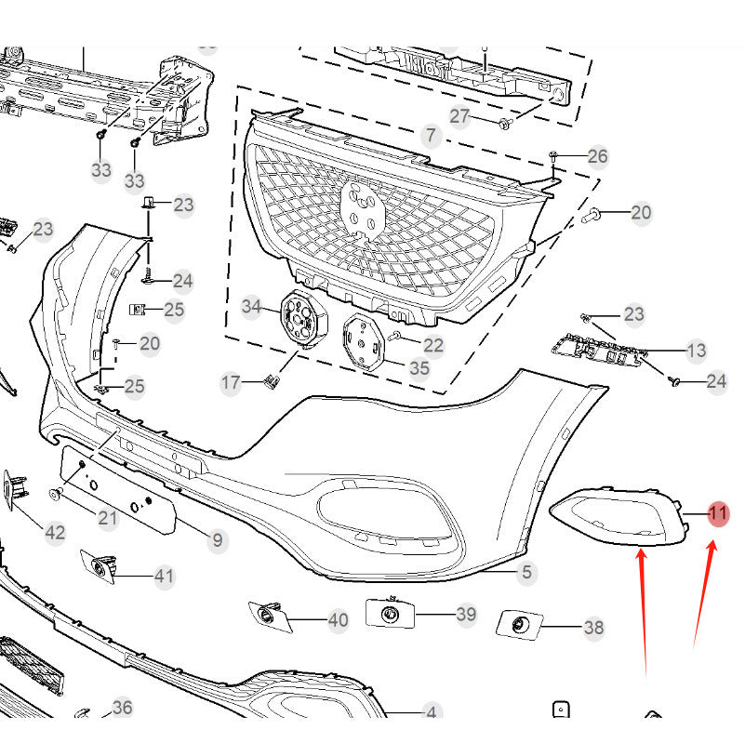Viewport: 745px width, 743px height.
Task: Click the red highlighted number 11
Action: click(718, 513)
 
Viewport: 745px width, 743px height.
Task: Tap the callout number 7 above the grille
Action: click(429, 136)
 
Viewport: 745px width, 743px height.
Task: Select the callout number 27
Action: click(461, 116)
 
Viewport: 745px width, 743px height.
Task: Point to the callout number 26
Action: click(597, 155)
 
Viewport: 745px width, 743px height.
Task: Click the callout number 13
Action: click(696, 351)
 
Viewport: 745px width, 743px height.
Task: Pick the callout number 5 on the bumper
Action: click(526, 573)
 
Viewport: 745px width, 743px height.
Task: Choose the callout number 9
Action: click(218, 539)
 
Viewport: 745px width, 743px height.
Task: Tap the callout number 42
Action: click(55, 532)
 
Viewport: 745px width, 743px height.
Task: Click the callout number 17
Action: click(231, 382)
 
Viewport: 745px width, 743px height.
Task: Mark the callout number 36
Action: click(122, 708)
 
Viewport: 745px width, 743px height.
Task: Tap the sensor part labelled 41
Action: click(101, 566)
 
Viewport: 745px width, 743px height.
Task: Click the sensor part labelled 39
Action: click(390, 613)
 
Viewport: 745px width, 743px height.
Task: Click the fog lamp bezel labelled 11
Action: click(619, 517)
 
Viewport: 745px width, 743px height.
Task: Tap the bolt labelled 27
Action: click(505, 122)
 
